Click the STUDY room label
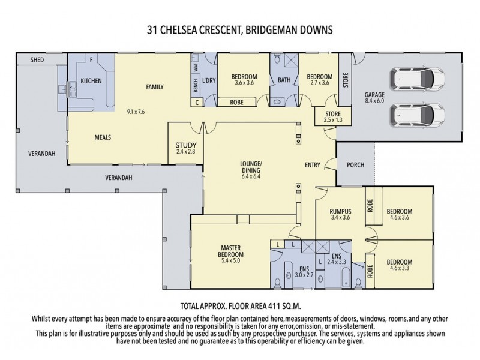click(182, 145)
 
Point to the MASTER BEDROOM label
click(231, 251)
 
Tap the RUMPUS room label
click(340, 211)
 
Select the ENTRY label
click(312, 165)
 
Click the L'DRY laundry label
click(209, 81)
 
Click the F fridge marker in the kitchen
click(91, 60)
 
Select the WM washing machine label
click(196, 68)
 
